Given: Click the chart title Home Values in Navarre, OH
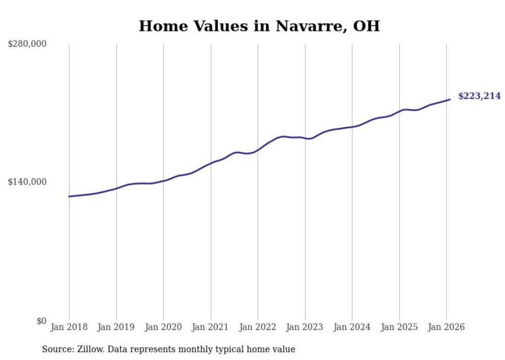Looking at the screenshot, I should (259, 26).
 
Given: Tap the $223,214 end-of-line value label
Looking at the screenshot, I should (479, 96).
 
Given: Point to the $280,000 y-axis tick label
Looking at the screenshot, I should (27, 44).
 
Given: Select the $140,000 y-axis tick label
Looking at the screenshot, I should (27, 182).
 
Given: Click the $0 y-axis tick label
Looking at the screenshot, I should (41, 321).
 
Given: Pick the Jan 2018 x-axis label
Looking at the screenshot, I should (69, 327).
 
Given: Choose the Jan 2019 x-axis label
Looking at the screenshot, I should (116, 327).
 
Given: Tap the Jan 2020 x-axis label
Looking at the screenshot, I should (163, 327).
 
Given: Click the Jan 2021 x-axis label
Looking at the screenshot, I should (210, 327).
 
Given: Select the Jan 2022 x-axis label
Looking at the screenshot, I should (258, 327).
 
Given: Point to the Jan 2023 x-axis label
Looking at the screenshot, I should (305, 327).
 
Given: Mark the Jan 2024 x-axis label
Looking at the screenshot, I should (352, 327).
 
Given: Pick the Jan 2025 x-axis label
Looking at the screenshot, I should (399, 327).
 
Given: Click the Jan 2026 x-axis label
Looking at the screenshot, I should (446, 327).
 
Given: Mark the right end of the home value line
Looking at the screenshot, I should (450, 99).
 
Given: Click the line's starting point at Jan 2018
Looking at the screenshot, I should (69, 196).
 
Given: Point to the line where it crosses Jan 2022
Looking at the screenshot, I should (258, 150).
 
